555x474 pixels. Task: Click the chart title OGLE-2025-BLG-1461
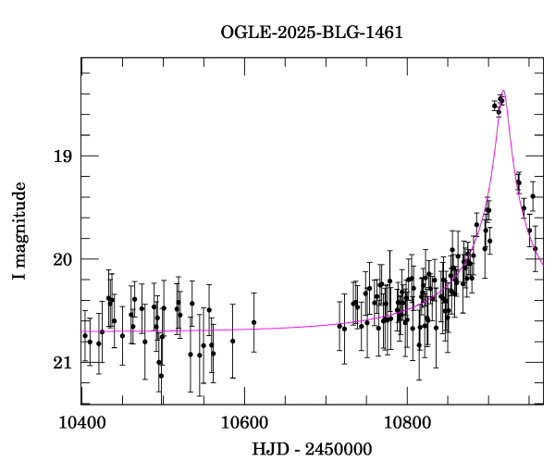312,32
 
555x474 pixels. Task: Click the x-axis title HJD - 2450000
312,450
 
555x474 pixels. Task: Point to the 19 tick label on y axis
61,156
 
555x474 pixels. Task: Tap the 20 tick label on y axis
61,259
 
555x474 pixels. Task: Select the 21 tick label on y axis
61,363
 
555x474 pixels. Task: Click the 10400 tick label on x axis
81,423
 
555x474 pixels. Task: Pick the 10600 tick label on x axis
244,423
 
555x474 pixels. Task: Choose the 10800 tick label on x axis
407,423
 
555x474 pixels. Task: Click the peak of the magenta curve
503,91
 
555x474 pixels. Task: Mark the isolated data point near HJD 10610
253,322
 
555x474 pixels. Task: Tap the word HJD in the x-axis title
268,450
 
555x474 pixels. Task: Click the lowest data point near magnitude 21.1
161,376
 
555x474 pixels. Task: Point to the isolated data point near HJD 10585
233,341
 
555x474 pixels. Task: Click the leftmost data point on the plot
85,335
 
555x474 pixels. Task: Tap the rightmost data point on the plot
536,248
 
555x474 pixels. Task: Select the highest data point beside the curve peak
500,99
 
